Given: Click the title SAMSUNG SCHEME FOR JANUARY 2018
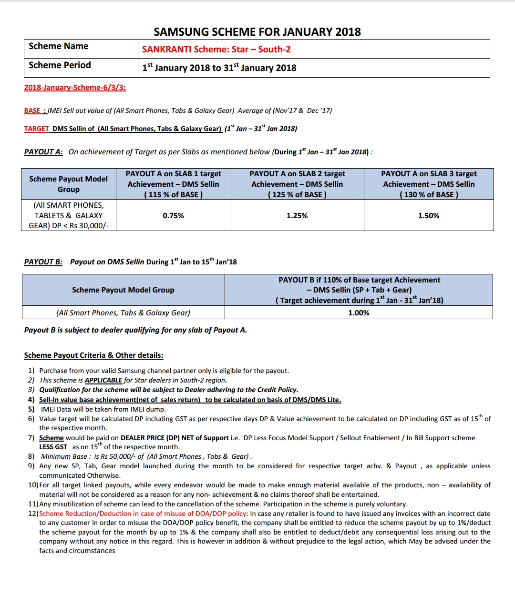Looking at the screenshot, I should [x=257, y=32].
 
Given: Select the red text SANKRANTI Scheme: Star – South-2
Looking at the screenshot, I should [x=216, y=49].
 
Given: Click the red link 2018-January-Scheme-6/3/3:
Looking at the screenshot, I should [x=75, y=88].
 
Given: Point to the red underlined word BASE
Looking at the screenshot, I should [x=32, y=111].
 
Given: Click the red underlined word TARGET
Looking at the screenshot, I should [x=37, y=129].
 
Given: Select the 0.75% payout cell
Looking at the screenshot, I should [x=173, y=216].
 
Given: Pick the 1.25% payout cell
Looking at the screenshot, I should [x=297, y=216].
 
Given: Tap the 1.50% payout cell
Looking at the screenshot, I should [x=429, y=216].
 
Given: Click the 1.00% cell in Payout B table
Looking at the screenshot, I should [x=359, y=313].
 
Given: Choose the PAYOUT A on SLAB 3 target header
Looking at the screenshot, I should [x=429, y=184].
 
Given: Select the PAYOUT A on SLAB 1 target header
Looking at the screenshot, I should [x=173, y=184].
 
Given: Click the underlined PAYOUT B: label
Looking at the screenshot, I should [x=43, y=262].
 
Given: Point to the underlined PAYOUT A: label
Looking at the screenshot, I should [x=43, y=152].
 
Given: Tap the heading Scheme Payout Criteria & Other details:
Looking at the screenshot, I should [x=93, y=355].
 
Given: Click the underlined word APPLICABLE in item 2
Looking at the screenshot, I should [x=103, y=380].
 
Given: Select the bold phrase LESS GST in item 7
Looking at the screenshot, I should [x=53, y=447].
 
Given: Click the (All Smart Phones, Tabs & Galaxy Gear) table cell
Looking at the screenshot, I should [x=123, y=313].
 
